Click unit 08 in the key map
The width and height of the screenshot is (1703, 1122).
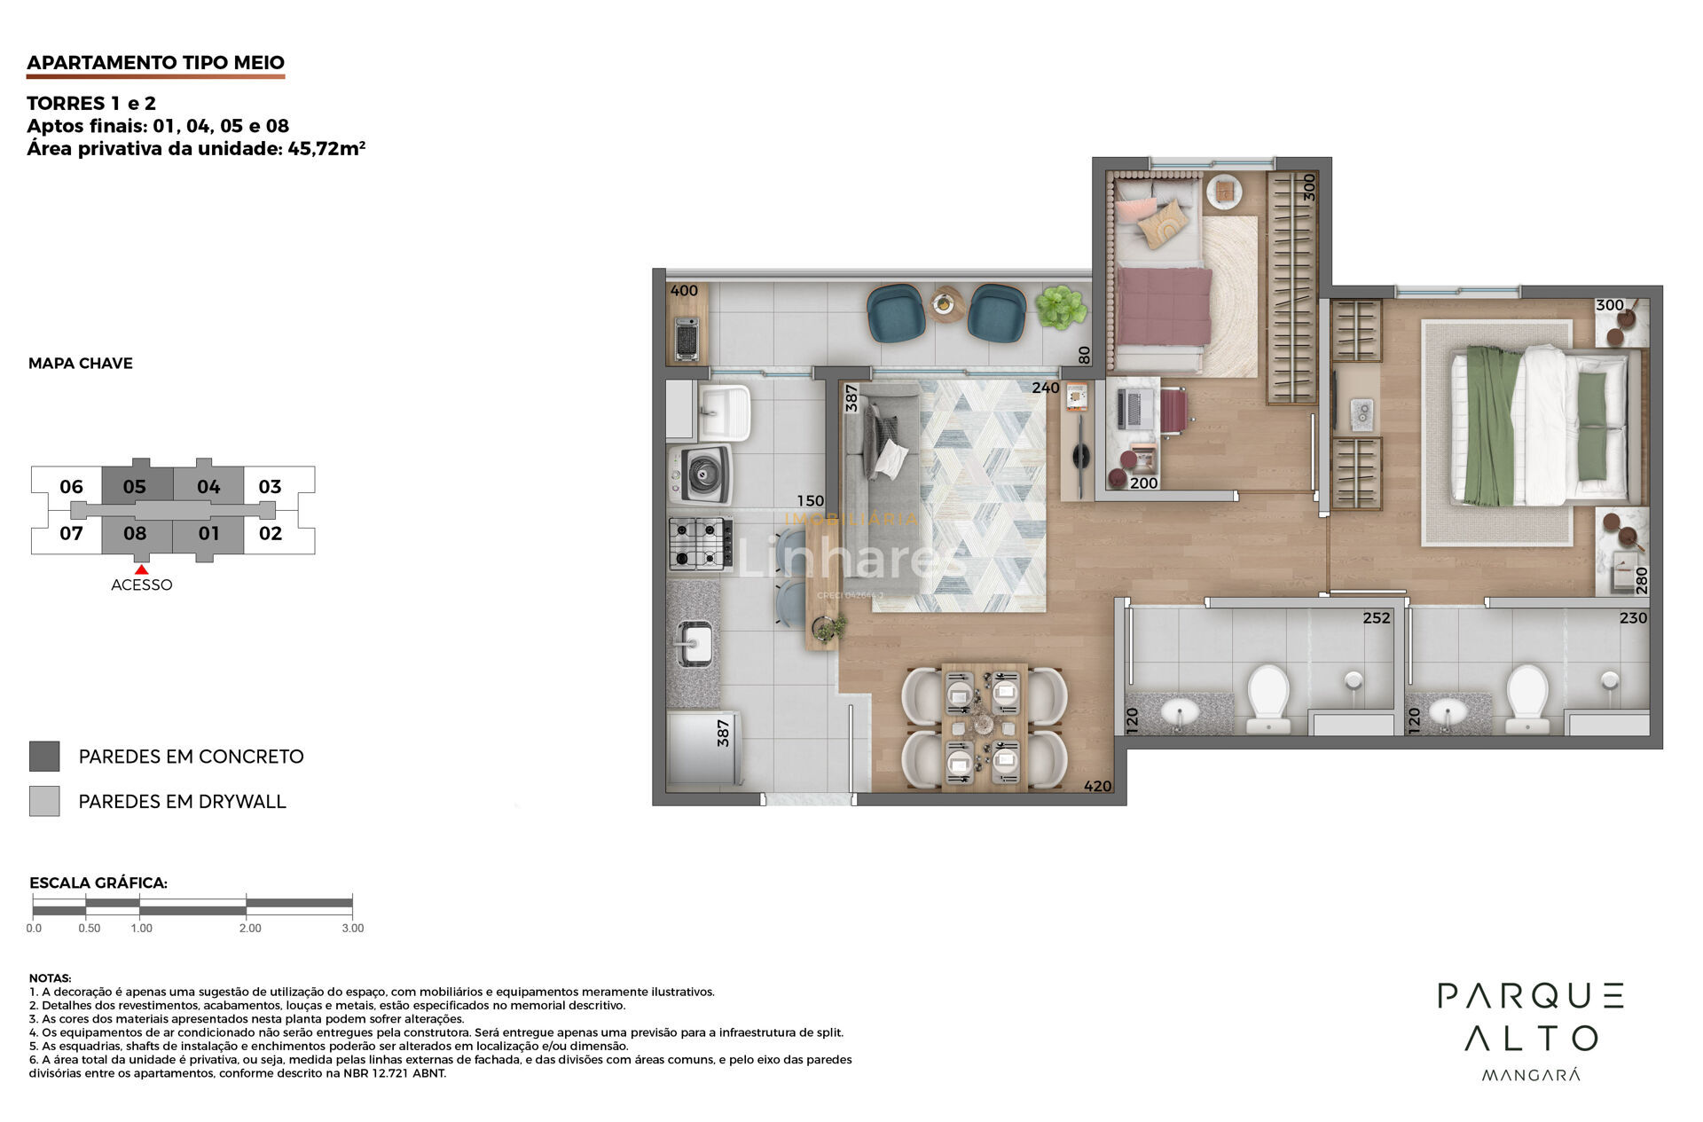pyautogui.click(x=135, y=533)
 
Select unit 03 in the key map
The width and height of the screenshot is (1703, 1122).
pyautogui.click(x=270, y=486)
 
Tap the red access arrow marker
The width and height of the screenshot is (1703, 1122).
pyautogui.click(x=141, y=569)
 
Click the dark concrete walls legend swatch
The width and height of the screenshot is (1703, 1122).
pyautogui.click(x=44, y=757)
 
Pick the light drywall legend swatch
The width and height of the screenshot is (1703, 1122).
pyautogui.click(x=44, y=801)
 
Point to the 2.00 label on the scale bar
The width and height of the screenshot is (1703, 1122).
pyautogui.click(x=250, y=928)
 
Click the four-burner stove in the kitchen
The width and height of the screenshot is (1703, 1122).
pyautogui.click(x=700, y=543)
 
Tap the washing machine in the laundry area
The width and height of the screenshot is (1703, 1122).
pyautogui.click(x=701, y=475)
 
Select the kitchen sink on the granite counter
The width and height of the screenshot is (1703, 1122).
pyautogui.click(x=694, y=643)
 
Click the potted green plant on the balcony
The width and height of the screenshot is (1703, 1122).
pyautogui.click(x=1061, y=307)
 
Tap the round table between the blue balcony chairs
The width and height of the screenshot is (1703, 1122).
pyautogui.click(x=947, y=304)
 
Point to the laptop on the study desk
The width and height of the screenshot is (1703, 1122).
pyautogui.click(x=1133, y=409)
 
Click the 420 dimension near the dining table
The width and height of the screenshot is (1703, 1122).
pyautogui.click(x=1097, y=786)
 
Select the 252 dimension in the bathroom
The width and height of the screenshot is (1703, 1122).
pyautogui.click(x=1377, y=618)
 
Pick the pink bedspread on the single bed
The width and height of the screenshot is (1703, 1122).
pyautogui.click(x=1164, y=306)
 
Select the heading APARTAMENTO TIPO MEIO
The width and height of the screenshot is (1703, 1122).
pyautogui.click(x=155, y=62)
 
